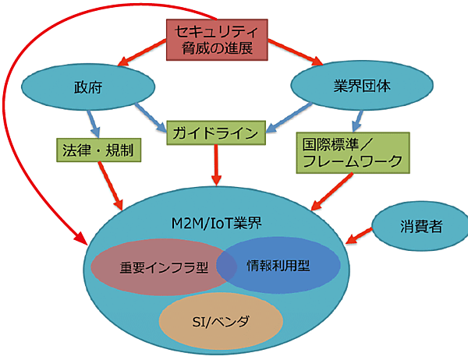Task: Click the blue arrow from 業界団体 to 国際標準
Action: point(357,119)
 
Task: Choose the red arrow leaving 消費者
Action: point(360,235)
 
